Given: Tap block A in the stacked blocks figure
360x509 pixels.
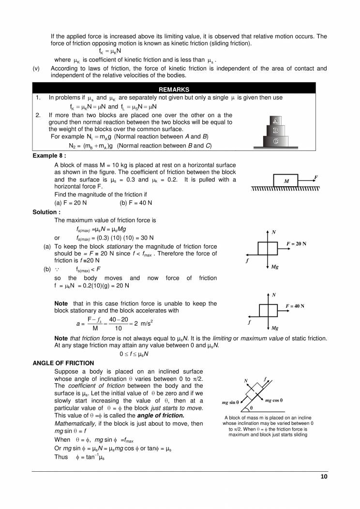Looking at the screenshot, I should coord(275,120).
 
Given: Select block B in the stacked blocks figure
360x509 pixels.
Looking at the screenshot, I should coord(275,130).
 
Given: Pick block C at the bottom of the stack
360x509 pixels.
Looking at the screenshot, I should coord(275,141).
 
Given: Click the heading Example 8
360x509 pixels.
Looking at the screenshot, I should coord(49,156).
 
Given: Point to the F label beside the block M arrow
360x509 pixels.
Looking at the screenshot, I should coord(316,178).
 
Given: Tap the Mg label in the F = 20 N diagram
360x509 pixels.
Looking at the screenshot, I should coord(274,267).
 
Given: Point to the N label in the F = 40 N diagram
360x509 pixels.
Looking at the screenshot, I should coord(274,295).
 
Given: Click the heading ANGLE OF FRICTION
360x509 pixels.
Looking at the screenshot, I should coord(63,363).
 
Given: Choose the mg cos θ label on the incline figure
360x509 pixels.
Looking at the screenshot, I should coord(274,400).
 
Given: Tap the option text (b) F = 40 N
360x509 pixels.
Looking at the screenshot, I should coord(136,203).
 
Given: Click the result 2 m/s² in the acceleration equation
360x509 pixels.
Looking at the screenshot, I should coord(144,323).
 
